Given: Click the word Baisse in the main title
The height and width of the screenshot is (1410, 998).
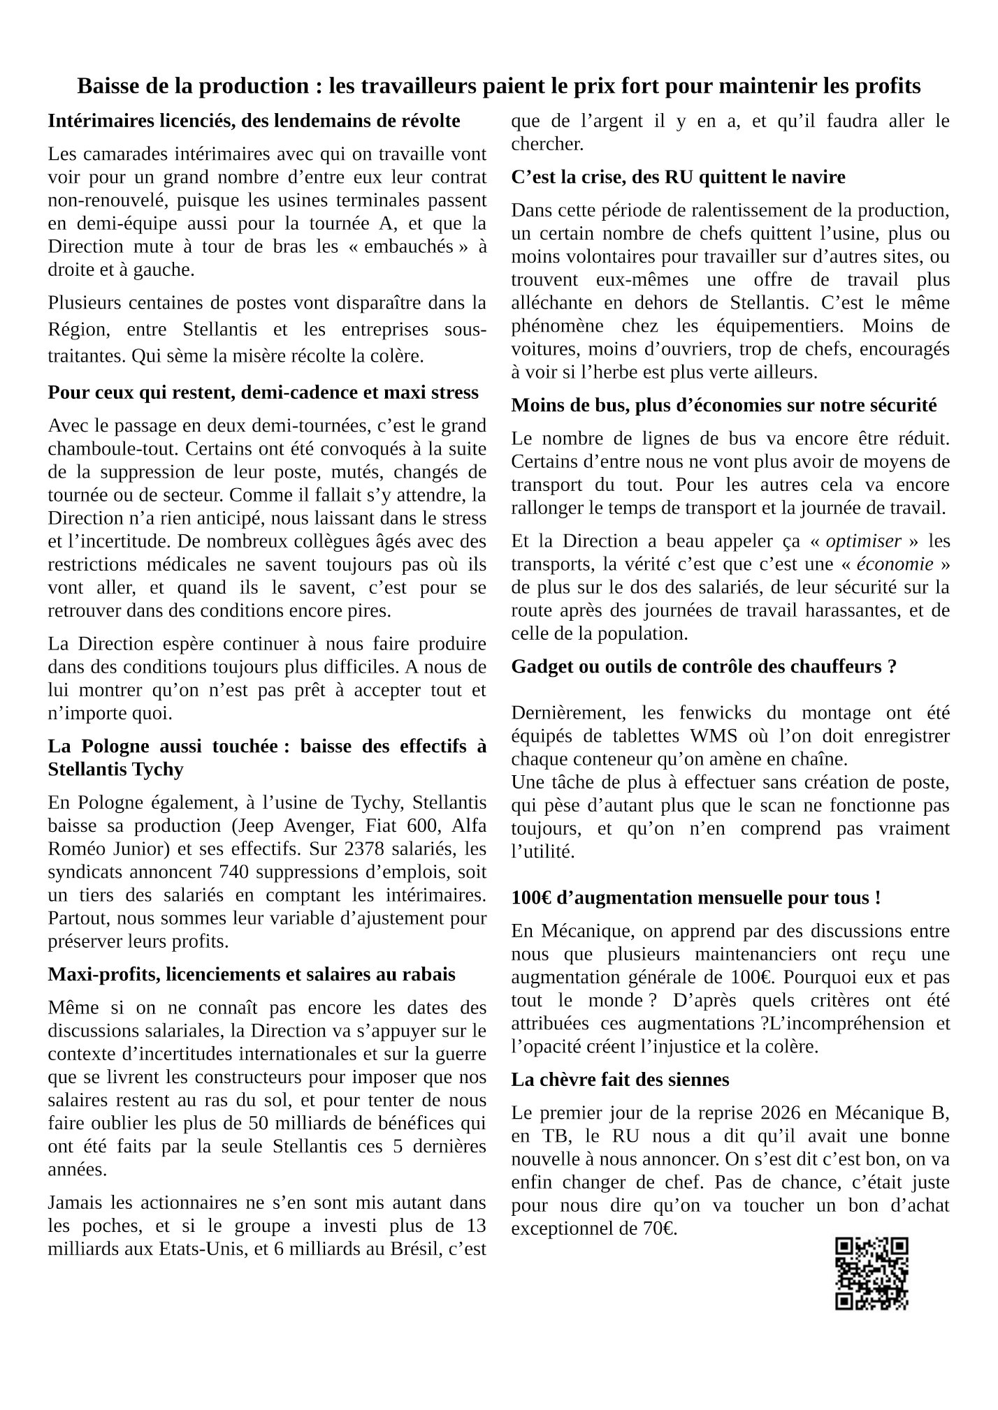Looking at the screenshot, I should tap(107, 87).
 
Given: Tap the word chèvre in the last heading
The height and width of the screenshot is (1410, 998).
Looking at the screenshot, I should tap(570, 1080).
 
